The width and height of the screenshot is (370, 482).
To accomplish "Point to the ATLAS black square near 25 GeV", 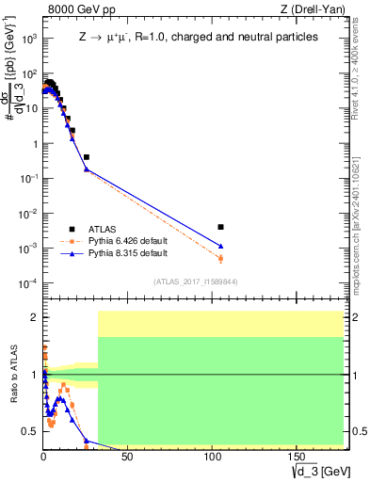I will pyautogui.click(x=86, y=157).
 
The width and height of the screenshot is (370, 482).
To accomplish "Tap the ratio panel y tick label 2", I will pyautogui.click(x=34, y=317).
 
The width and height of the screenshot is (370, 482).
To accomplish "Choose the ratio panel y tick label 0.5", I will pyautogui.click(x=30, y=431).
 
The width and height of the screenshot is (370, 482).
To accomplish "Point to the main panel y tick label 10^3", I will pyautogui.click(x=29, y=40).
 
